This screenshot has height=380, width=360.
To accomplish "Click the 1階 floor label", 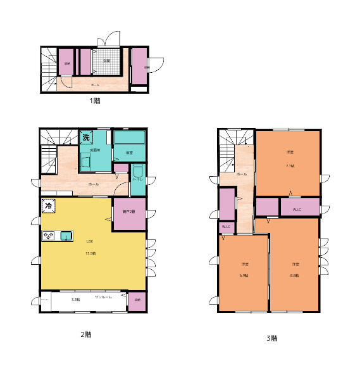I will pos(94,100).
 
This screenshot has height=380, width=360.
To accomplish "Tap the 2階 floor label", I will pos(85,334).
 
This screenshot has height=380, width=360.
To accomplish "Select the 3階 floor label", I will pos(271,338).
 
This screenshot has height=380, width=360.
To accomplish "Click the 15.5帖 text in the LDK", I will pos(90,253).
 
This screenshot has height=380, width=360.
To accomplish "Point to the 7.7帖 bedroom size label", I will pos(290,165).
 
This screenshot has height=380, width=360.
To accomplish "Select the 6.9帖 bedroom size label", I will pos(244,275).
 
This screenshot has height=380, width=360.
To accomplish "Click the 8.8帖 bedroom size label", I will pos(295,275).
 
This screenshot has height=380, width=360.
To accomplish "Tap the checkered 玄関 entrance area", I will pos(106,62).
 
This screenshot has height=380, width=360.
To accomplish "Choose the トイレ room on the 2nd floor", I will pos(138,180).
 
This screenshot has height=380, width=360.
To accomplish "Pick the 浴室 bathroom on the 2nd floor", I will pos(128,153).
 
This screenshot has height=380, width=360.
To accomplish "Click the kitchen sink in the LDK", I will pos(65,236).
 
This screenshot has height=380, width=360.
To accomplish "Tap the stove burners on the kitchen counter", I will pos(48,236).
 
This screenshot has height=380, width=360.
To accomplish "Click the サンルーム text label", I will pos(103,297).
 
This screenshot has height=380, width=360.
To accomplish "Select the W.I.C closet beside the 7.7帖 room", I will pos(296,210).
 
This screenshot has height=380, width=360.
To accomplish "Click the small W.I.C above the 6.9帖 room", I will pos(226,228).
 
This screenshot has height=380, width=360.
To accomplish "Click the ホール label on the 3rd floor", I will pos(241,174).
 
